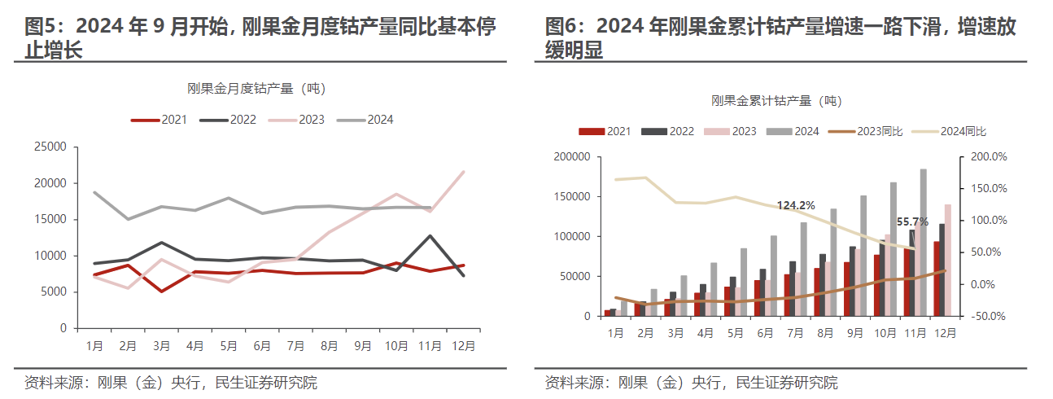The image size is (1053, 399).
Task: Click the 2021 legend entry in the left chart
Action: tap(159, 120)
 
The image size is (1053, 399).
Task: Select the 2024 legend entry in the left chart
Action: tap(365, 120)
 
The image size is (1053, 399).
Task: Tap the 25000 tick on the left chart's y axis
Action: tap(50, 147)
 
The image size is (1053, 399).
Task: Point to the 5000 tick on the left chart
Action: tap(54, 292)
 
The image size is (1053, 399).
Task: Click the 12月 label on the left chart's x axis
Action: tap(463, 345)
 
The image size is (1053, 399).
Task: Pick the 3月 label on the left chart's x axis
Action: tap(161, 345)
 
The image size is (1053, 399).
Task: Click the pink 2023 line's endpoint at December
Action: tap(463, 172)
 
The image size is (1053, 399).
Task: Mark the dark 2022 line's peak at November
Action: tap(430, 236)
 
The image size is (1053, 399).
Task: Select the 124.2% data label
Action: tap(795, 206)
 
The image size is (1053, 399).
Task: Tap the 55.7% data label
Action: tap(912, 221)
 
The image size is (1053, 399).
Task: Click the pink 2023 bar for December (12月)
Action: tap(947, 260)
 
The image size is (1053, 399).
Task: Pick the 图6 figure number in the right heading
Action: tap(561, 27)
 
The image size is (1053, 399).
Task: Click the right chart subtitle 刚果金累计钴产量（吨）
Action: tap(776, 101)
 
